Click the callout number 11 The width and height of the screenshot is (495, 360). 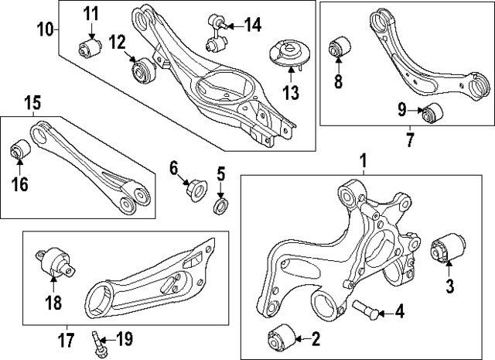click(x=92, y=13)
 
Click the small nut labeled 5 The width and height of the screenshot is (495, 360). click(x=220, y=205)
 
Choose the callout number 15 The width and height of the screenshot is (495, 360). click(x=31, y=101)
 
